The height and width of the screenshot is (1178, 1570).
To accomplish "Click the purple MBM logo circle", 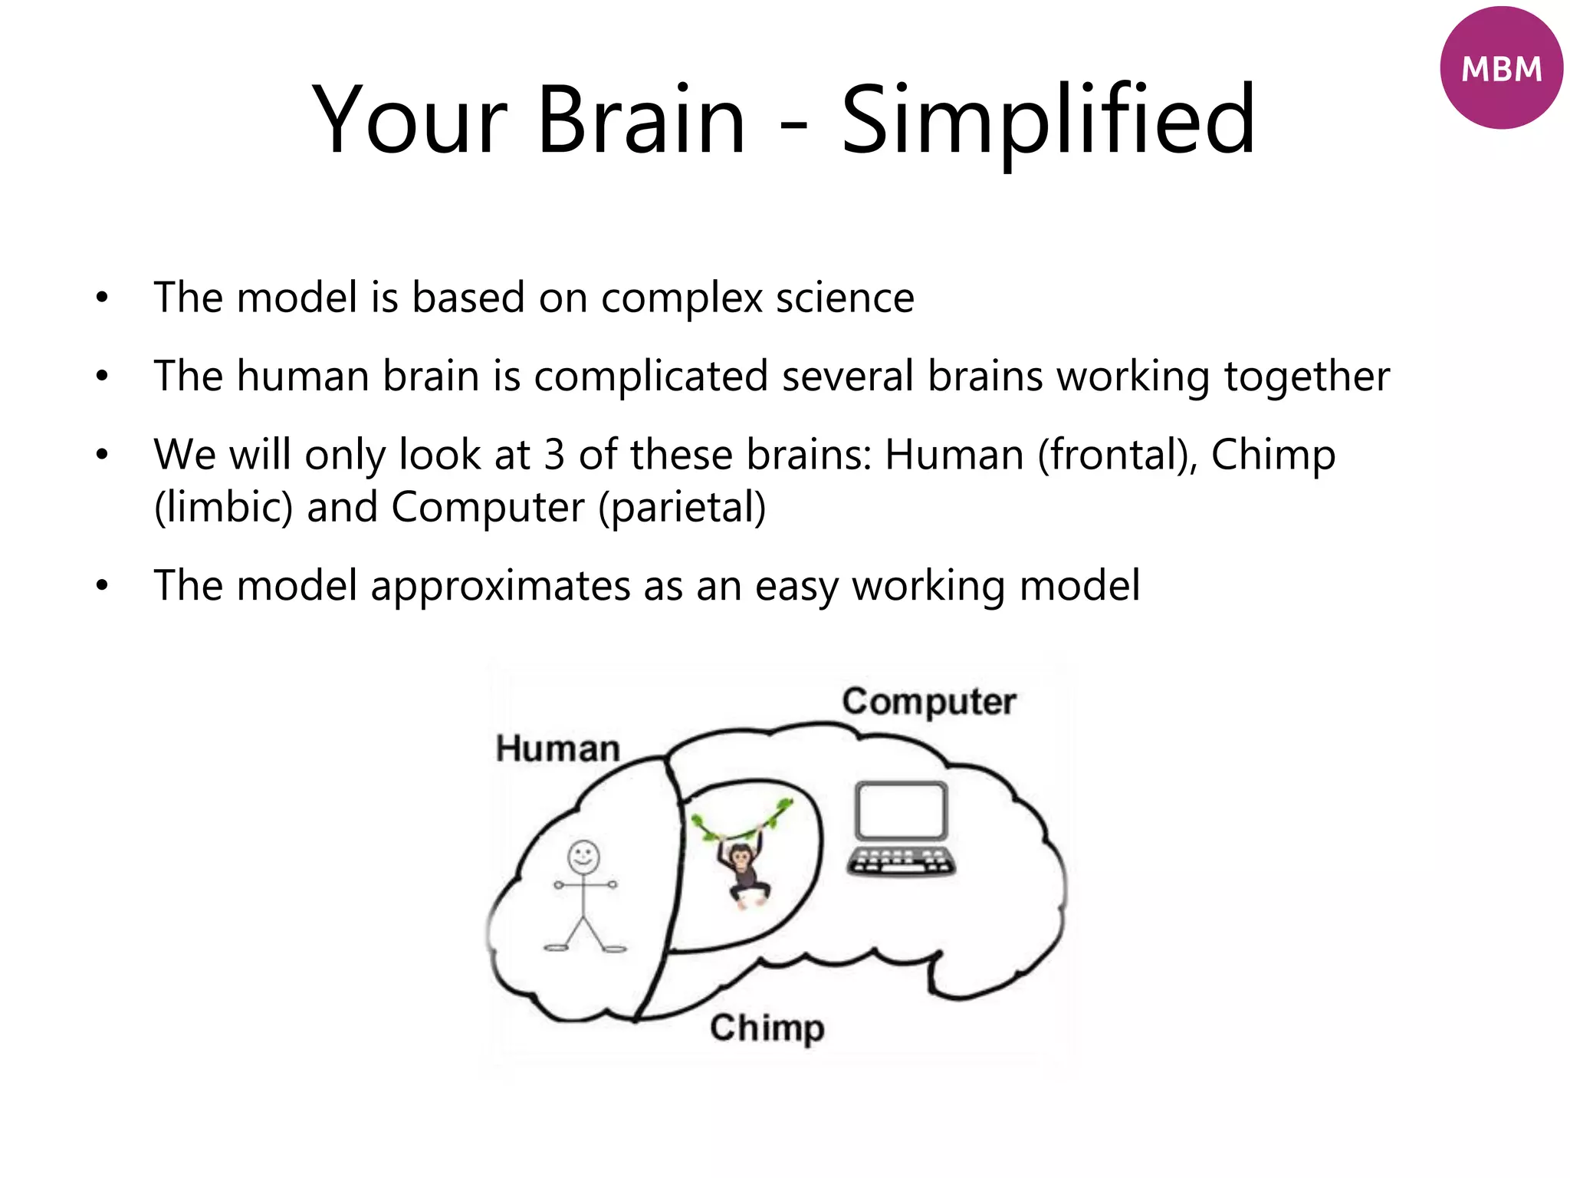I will click(x=1500, y=68).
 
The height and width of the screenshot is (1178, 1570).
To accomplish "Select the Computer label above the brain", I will click(x=929, y=702).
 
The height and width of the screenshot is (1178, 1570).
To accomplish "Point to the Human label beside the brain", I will click(x=557, y=749).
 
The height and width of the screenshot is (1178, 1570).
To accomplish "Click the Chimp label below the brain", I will click(x=767, y=1028).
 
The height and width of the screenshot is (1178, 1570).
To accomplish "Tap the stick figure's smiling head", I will click(x=583, y=857).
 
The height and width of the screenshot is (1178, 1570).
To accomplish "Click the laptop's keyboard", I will click(x=902, y=862).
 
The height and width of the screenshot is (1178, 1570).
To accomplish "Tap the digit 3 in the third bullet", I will click(x=554, y=455).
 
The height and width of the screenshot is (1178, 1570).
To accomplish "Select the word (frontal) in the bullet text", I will click(x=1117, y=455).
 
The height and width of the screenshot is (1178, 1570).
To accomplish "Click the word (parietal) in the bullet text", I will click(x=682, y=508).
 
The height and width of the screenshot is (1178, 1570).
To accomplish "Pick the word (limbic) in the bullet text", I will click(x=223, y=508).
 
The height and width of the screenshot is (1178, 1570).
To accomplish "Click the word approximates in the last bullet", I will click(x=500, y=586).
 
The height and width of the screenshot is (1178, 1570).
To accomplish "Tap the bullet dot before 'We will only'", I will click(x=102, y=455).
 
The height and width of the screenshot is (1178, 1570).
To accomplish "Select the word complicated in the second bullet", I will click(x=650, y=377).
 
